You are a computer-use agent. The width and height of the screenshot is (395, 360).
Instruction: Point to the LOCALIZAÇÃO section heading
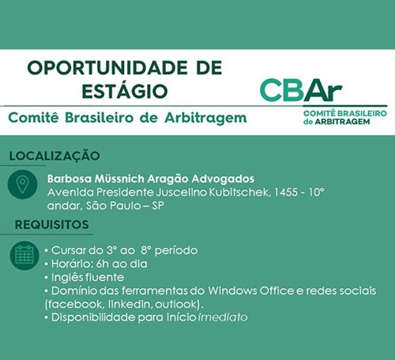pos(55,156)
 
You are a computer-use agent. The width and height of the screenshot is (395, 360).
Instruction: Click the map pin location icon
pos(24,186)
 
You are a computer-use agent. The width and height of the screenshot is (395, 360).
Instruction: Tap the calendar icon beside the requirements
pos(24,254)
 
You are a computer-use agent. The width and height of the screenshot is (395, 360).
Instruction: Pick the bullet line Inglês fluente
pos(85,278)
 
